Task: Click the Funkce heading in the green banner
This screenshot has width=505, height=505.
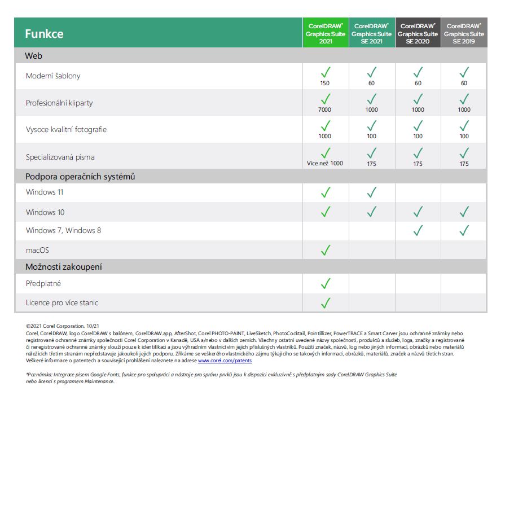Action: coord(44,34)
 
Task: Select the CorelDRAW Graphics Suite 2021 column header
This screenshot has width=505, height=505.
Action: coord(326,34)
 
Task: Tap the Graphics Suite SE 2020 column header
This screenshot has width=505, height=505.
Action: coord(418,34)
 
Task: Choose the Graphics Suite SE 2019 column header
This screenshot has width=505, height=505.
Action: coord(464,34)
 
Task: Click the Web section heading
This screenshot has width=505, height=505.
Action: coord(33,56)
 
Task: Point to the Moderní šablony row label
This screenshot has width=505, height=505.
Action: coord(53,76)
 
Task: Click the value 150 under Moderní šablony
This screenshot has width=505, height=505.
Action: coord(325,83)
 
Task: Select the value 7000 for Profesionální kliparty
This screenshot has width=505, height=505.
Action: coord(325,109)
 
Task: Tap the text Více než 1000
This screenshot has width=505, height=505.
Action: coord(325,164)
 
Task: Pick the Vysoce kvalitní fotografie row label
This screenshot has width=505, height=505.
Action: coord(66,129)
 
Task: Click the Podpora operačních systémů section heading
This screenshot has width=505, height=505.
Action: coord(80,177)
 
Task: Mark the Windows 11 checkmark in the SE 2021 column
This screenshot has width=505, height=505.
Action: coord(371,193)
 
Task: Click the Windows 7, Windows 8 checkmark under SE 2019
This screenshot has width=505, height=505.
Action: coord(464,230)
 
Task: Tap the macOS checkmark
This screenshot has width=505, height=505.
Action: coord(326,250)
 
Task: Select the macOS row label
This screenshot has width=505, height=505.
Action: coord(37,250)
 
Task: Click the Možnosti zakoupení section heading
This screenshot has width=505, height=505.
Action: coord(64,267)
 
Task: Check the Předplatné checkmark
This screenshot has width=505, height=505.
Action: coord(326,283)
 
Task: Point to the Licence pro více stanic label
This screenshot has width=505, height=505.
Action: coord(62,303)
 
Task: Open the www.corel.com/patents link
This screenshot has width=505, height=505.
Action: coord(225,360)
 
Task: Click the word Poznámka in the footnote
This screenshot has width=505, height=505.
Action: coord(39,374)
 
